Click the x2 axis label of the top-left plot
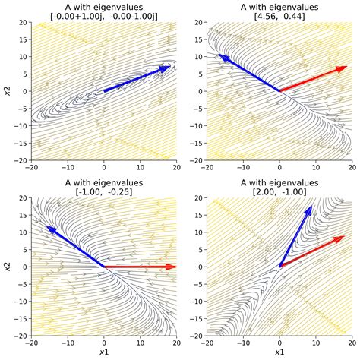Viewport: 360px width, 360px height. [x=7, y=91]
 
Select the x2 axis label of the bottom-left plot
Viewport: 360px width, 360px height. [x=7, y=267]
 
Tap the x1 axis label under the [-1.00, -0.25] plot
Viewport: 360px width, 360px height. [x=104, y=353]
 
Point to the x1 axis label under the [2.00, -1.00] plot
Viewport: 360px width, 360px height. [x=279, y=353]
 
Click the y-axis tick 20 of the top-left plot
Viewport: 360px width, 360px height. [x=22, y=23]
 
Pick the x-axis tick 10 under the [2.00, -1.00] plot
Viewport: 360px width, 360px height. [x=315, y=343]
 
